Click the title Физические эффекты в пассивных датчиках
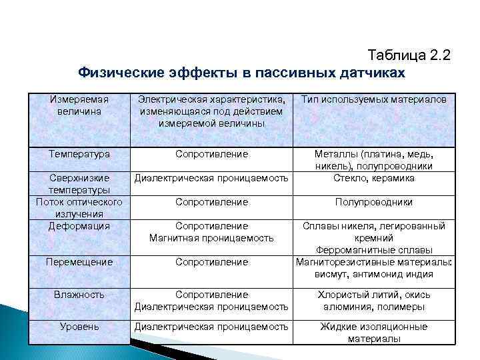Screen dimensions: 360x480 click(x=241, y=71)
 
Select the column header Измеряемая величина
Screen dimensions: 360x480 click(x=79, y=105)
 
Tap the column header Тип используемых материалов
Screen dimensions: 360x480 click(x=374, y=99)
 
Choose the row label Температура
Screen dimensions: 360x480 click(x=79, y=154)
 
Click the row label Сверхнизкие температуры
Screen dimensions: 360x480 click(x=79, y=184)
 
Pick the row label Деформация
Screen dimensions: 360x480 click(x=79, y=226)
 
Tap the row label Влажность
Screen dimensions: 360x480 click(x=79, y=294)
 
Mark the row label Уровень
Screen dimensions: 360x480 click(x=79, y=327)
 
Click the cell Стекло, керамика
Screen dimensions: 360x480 click(x=374, y=178)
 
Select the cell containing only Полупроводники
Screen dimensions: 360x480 click(x=374, y=202)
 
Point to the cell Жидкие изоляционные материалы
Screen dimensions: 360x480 click(x=374, y=333)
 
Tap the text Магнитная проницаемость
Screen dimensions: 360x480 click(x=211, y=238)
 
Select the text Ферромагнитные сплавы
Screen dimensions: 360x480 click(x=374, y=250)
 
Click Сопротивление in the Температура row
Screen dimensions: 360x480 click(x=211, y=154)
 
